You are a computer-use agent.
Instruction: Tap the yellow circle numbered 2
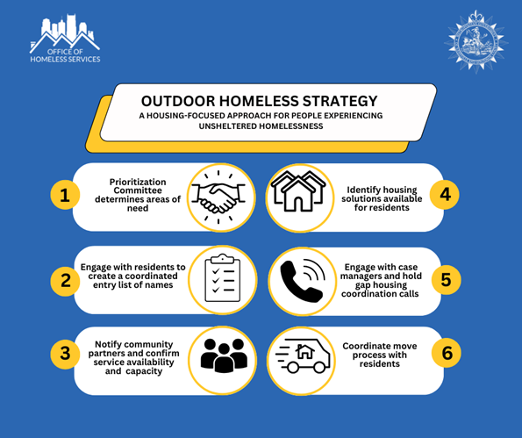[64, 280]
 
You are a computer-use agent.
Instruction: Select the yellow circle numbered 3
[64, 355]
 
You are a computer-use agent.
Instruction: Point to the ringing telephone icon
[299, 280]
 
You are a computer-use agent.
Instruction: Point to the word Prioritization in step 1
[142, 181]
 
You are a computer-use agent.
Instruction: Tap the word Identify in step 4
[369, 188]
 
